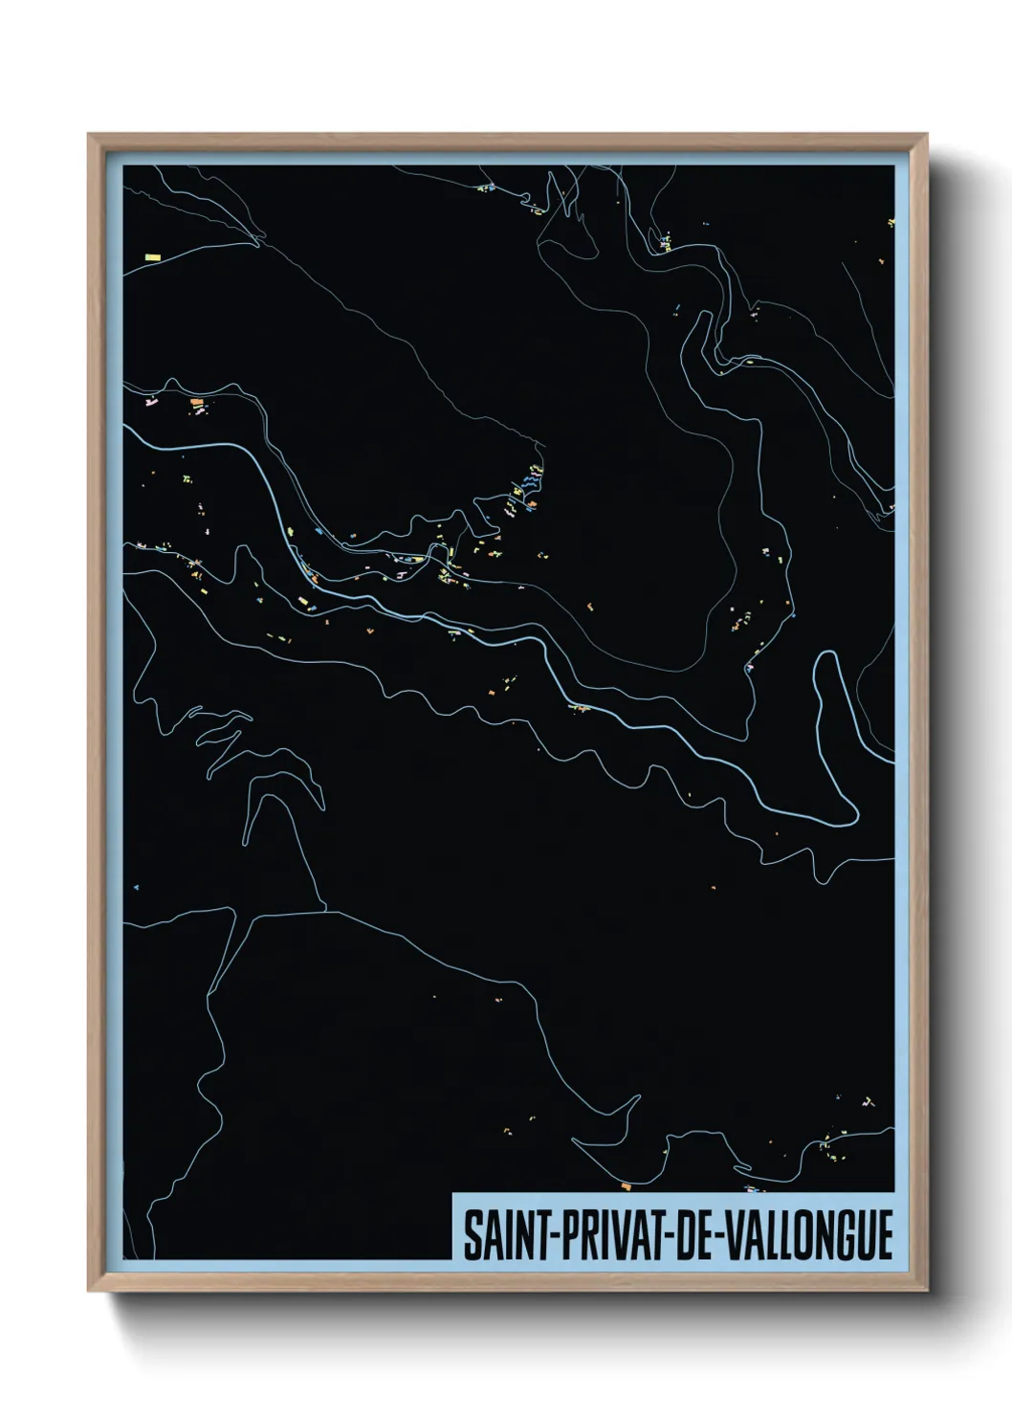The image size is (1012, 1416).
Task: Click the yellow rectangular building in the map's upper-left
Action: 151,256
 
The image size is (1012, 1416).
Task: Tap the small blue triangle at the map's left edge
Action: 137,887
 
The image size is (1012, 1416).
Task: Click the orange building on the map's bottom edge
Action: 626,1185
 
